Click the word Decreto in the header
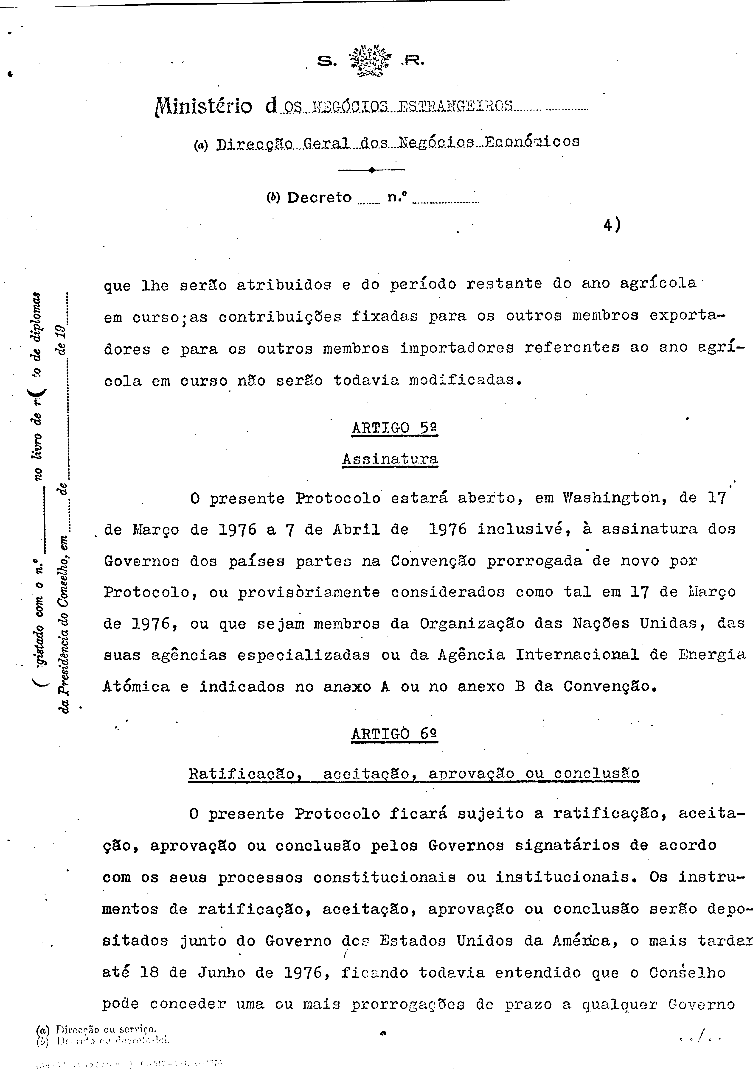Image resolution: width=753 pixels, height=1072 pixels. tap(319, 198)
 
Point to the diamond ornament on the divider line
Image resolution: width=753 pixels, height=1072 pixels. tap(371, 170)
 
